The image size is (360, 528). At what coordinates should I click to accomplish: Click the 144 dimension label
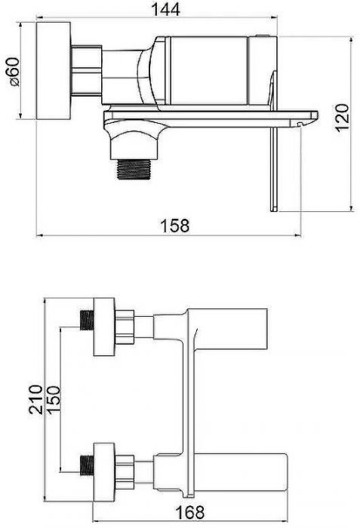pyautogui.click(x=165, y=9)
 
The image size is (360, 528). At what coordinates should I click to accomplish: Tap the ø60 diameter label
pyautogui.click(x=14, y=72)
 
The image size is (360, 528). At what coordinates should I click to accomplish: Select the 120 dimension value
pyautogui.click(x=343, y=118)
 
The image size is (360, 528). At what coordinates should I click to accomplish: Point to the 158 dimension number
pyautogui.click(x=174, y=226)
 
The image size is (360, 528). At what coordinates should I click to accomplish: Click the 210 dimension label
pyautogui.click(x=35, y=399)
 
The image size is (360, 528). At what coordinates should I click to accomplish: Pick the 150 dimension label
pyautogui.click(x=54, y=399)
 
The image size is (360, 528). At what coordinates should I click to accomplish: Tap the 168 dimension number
pyautogui.click(x=189, y=512)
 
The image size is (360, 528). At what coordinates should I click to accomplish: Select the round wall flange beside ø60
pyautogui.click(x=54, y=71)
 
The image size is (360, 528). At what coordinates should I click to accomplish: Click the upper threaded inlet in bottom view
pyautogui.click(x=87, y=320)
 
